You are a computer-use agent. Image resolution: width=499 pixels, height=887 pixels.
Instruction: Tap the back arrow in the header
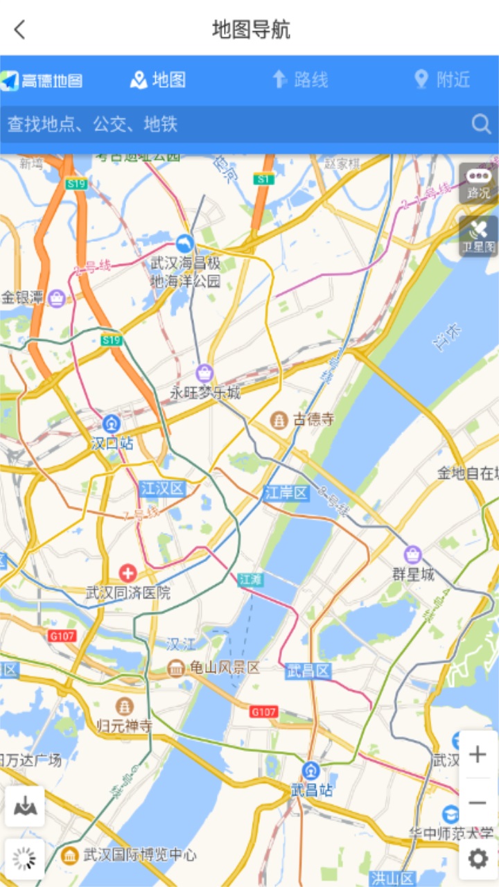19,30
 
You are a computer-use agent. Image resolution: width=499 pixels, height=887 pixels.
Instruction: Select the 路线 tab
300,80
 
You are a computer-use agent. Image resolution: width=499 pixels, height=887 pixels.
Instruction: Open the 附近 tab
442,80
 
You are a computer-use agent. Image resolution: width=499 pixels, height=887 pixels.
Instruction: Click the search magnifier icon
481,124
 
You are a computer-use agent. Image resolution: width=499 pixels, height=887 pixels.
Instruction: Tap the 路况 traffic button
478,183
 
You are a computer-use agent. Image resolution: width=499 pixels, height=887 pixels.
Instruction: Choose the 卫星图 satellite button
478,236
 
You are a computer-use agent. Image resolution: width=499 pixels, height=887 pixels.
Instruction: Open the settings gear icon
478,859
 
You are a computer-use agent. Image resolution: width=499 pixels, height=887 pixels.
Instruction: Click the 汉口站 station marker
112,423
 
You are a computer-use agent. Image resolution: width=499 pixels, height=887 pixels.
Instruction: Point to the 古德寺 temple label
313,419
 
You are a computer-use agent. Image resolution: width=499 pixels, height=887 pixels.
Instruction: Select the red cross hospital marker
128,572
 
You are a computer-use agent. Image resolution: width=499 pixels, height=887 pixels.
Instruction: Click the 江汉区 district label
163,489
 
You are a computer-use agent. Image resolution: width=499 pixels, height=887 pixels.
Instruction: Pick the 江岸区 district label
286,493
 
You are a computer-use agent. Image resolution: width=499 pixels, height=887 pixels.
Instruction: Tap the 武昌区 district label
308,671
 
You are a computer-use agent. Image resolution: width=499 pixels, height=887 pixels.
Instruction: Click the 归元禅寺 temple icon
125,706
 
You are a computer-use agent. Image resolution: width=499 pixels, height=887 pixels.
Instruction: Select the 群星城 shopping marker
413,554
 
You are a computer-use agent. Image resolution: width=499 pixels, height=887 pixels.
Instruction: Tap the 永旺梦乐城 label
205,393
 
